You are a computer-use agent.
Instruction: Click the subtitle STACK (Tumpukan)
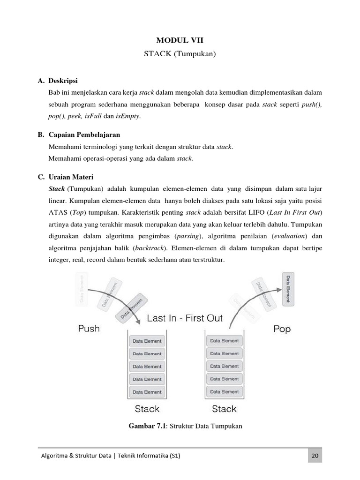[180, 54]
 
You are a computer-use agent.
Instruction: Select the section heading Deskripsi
[63, 81]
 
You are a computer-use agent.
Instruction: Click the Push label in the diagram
[89, 329]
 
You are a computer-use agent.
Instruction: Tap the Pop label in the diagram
[282, 329]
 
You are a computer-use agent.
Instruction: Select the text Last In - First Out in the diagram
[185, 318]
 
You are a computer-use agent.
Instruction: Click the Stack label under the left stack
[147, 409]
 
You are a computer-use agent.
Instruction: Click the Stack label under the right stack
[224, 409]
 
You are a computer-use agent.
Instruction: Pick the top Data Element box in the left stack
[147, 341]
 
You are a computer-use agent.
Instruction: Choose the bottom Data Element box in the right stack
[224, 391]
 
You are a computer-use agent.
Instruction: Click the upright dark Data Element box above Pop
[288, 289]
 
